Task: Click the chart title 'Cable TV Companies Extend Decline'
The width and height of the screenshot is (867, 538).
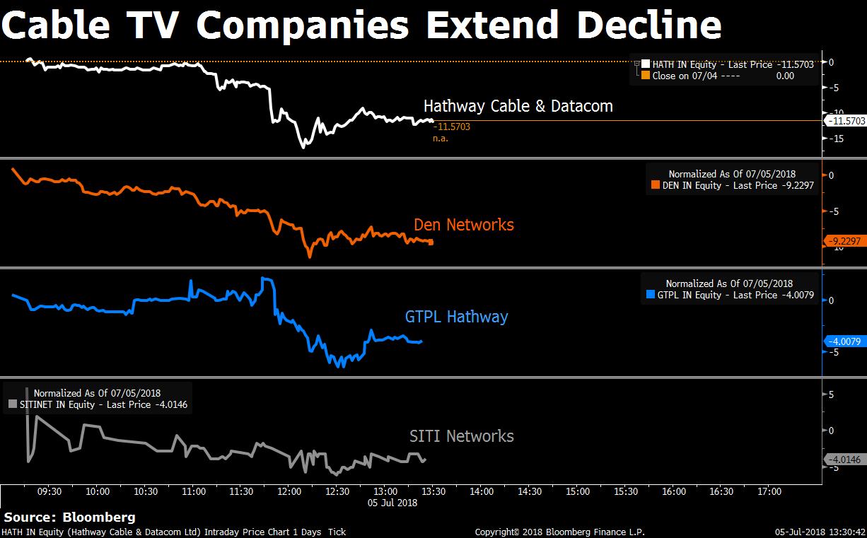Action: [362, 26]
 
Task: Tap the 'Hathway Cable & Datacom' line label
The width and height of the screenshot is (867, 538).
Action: [518, 107]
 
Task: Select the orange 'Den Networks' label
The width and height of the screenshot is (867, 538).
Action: [463, 226]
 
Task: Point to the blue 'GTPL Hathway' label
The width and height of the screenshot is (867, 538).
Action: [456, 316]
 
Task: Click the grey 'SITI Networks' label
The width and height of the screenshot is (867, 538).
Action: [461, 436]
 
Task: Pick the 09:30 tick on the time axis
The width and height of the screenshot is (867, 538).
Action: [50, 491]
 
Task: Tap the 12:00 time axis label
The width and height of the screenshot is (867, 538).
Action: [289, 491]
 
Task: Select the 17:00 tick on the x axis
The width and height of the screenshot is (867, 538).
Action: [769, 491]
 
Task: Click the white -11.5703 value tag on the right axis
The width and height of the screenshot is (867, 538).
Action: [846, 121]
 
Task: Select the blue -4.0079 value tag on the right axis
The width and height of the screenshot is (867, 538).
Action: [846, 342]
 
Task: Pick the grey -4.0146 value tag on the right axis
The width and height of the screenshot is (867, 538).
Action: [846, 460]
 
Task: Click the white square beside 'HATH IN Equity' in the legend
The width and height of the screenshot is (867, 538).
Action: [646, 64]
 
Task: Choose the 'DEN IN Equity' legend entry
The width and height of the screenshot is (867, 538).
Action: [731, 185]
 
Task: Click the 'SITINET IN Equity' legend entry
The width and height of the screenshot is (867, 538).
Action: [98, 404]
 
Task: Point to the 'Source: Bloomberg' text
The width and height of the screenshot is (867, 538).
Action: [69, 517]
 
